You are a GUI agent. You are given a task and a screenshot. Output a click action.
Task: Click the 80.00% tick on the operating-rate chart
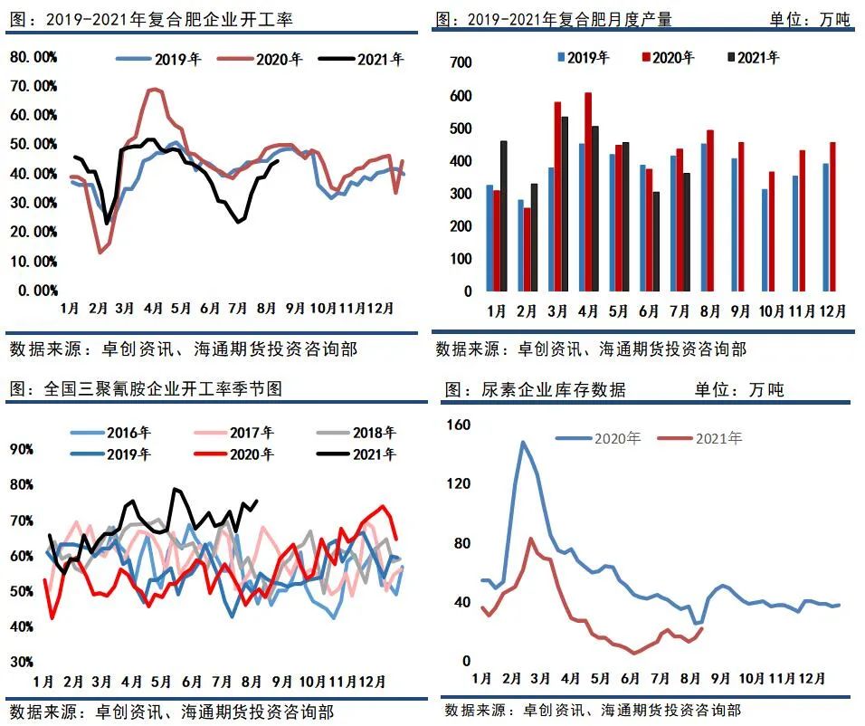point(33,57)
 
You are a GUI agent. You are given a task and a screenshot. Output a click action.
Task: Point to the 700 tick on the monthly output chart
point(461,62)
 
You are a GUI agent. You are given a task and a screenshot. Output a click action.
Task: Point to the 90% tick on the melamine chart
point(22,448)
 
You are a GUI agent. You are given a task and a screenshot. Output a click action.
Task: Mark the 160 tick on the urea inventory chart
point(460,424)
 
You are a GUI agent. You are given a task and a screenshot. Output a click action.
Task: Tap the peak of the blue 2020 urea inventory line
point(522,442)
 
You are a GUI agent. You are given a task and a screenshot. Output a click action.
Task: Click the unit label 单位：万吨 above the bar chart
point(810,19)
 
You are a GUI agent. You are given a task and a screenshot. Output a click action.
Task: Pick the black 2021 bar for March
point(565,204)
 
